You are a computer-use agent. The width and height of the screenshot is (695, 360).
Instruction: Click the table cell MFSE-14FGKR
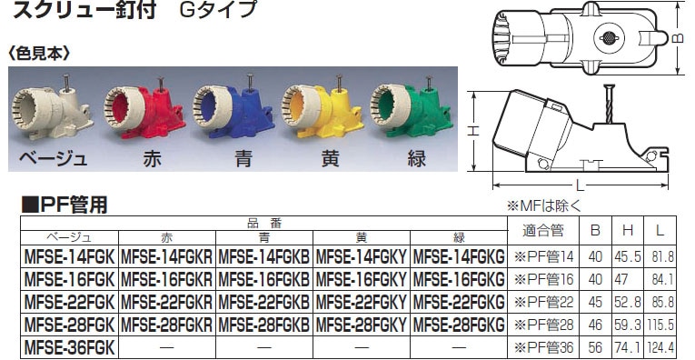(x=166, y=256)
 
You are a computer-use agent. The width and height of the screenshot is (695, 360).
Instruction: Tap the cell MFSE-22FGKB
(x=264, y=302)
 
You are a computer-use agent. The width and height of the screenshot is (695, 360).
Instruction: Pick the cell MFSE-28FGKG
(x=459, y=325)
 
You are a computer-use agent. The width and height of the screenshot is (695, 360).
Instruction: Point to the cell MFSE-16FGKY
(x=362, y=279)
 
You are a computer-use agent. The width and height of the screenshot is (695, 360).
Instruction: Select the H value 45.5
(x=627, y=256)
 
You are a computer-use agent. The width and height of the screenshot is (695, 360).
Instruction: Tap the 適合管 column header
(x=543, y=231)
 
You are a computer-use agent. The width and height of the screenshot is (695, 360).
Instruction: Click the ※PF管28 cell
(x=543, y=325)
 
